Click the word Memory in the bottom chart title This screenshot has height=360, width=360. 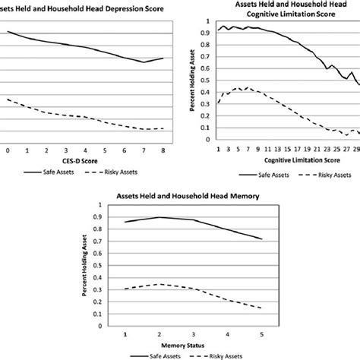[x=241, y=196]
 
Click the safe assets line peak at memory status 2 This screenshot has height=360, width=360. [x=158, y=217]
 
